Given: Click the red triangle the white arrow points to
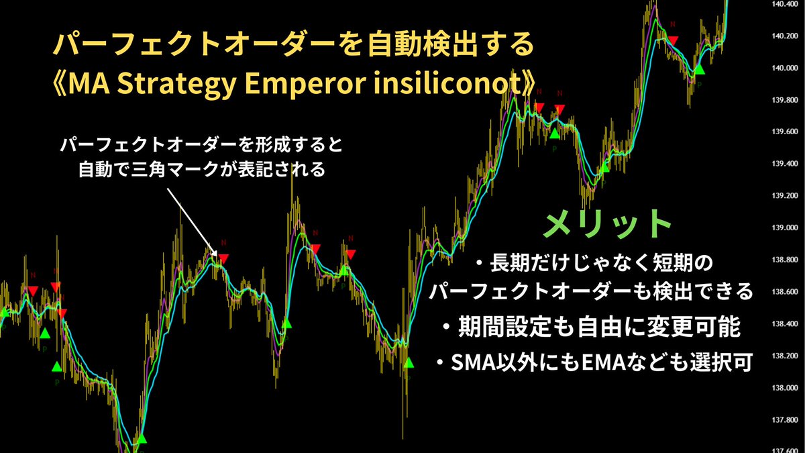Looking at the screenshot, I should (224, 258).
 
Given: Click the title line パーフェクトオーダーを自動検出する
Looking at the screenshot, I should (293, 46).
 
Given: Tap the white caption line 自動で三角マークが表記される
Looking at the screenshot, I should (202, 170).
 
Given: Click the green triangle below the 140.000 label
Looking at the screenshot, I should (700, 68).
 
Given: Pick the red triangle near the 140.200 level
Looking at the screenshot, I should (673, 40).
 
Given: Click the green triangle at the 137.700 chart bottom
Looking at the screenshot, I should (141, 438).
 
